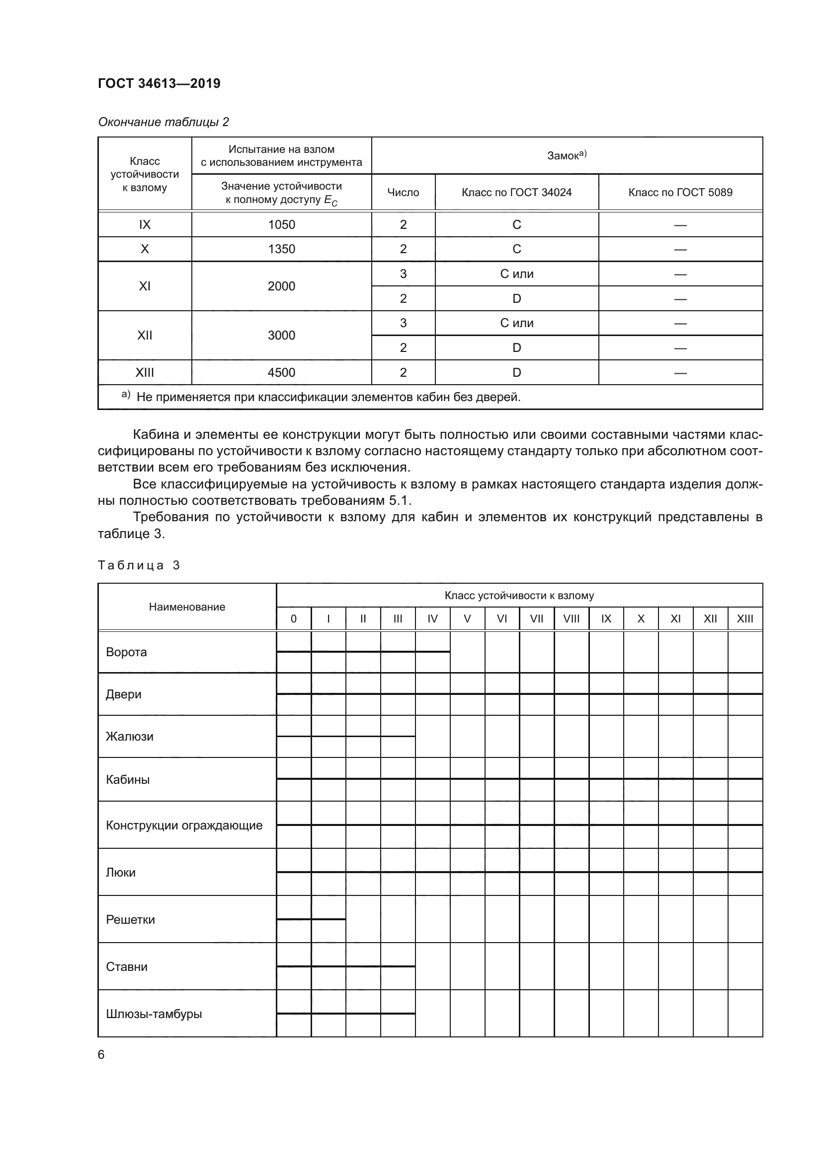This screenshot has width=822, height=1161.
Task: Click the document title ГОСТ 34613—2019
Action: point(159,83)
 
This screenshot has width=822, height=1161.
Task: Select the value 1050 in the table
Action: point(281,224)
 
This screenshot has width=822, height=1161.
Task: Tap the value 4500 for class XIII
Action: point(281,373)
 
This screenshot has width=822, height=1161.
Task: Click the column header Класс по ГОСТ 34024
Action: point(516,193)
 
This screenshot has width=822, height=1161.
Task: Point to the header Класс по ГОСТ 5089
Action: point(680,193)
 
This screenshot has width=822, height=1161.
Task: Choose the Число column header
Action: point(403,193)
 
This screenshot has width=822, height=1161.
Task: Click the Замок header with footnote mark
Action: point(567,156)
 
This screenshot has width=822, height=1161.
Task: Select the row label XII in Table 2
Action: point(145,335)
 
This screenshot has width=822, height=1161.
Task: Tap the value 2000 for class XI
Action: point(281,286)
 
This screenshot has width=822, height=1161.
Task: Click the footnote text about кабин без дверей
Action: point(328,397)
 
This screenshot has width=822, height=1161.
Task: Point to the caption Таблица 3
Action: point(139,565)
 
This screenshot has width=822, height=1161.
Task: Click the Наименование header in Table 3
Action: point(187,607)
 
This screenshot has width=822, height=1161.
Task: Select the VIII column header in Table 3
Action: point(571,619)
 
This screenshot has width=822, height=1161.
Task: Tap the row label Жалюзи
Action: point(130,737)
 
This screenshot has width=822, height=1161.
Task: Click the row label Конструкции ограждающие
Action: point(184,826)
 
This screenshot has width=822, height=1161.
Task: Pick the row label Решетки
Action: point(130,920)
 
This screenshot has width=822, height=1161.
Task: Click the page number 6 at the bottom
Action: point(101,1055)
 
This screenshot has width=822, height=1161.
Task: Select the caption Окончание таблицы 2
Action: point(163,122)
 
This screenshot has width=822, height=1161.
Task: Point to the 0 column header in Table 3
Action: point(294,619)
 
